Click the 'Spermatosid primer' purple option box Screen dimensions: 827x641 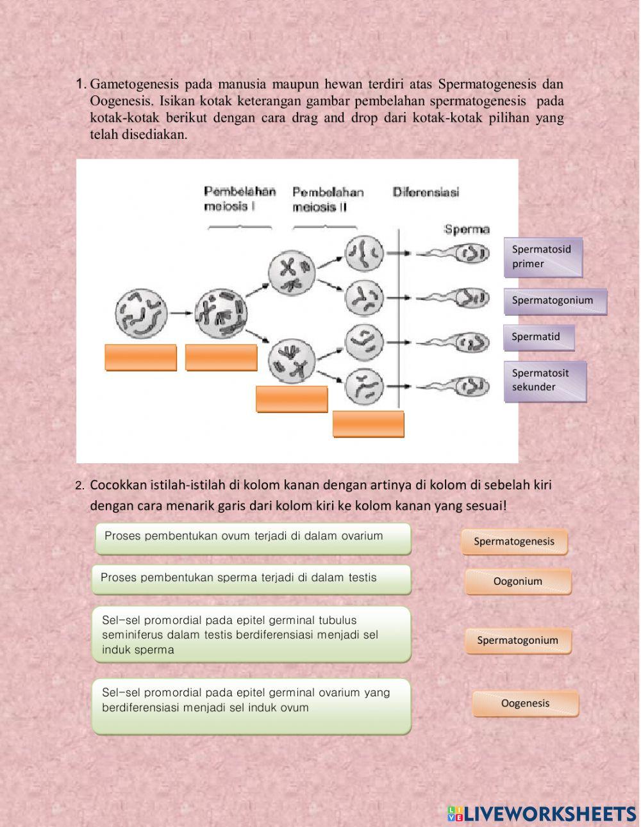tap(543, 257)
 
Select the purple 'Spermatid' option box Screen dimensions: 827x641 tap(538, 337)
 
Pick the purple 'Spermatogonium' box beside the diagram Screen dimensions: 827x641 tap(554, 300)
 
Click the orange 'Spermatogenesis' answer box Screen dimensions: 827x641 tap(514, 541)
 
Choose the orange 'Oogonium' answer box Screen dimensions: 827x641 tap(518, 582)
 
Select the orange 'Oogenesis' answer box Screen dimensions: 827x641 tap(526, 703)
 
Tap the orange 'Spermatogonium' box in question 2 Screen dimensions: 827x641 tap(518, 641)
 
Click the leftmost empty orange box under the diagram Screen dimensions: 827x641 tap(141, 357)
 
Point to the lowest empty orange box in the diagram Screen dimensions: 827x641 tap(369, 424)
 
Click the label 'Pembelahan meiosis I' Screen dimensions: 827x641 tap(240, 199)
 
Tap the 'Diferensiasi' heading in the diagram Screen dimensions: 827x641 tap(426, 192)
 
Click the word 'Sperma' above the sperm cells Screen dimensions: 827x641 tap(467, 229)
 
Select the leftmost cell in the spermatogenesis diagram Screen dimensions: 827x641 tap(141, 314)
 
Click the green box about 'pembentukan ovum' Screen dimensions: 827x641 tap(253, 538)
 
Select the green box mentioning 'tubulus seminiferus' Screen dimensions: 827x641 tap(251, 634)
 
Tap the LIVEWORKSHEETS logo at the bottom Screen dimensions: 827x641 tap(542, 814)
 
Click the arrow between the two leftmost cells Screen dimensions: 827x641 tap(181, 313)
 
